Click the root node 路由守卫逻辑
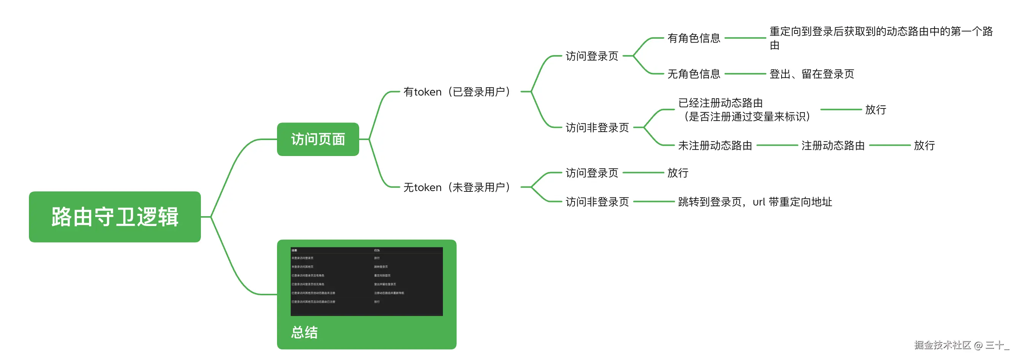[115, 217]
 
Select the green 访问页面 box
[318, 139]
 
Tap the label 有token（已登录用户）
[457, 92]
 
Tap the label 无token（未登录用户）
[457, 187]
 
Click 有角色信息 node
[693, 38]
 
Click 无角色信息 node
[693, 74]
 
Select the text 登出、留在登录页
[811, 74]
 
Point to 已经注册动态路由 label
[720, 103]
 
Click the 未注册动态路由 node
[715, 146]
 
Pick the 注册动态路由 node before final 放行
[833, 146]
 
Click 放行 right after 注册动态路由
[924, 146]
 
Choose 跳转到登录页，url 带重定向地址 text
[755, 202]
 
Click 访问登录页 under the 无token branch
[591, 173]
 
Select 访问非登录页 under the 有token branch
[597, 128]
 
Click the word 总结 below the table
[304, 332]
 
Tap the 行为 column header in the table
[377, 250]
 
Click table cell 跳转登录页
[381, 267]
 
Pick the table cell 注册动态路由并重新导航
[389, 293]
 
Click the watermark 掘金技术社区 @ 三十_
[961, 345]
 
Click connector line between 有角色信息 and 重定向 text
[745, 38]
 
